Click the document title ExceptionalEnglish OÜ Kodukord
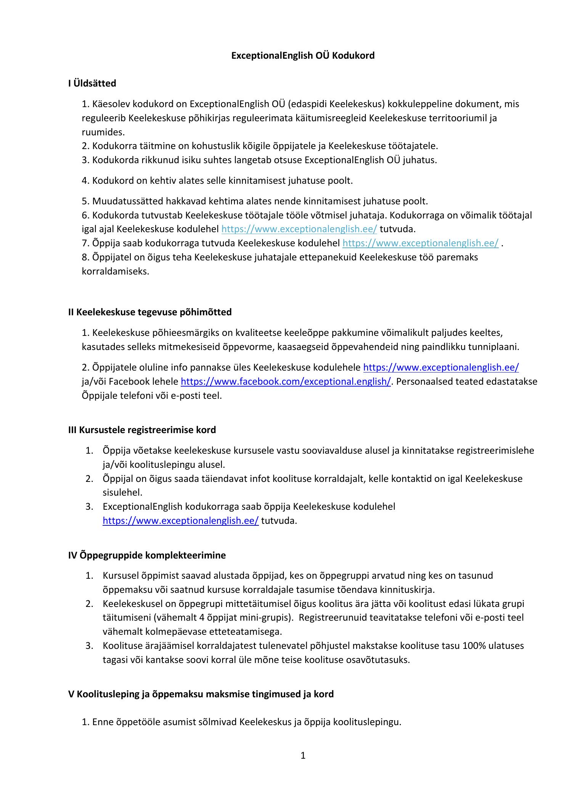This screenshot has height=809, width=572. point(303,56)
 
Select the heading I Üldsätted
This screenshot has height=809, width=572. point(92,83)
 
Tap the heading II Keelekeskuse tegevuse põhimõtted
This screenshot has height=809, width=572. point(150,312)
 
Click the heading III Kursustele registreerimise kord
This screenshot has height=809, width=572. point(142,430)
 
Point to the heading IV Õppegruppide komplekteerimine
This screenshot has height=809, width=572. point(147,555)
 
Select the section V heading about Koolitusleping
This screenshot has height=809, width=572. point(201,694)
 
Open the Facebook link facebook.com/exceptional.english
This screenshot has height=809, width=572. point(285,382)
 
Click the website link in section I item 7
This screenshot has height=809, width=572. point(420,243)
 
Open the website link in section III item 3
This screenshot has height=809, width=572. point(180,520)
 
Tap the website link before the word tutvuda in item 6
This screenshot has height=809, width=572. point(299,229)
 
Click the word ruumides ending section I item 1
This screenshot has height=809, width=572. point(103,132)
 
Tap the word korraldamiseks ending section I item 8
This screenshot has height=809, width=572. point(115,271)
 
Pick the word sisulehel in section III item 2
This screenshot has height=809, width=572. point(122,492)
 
